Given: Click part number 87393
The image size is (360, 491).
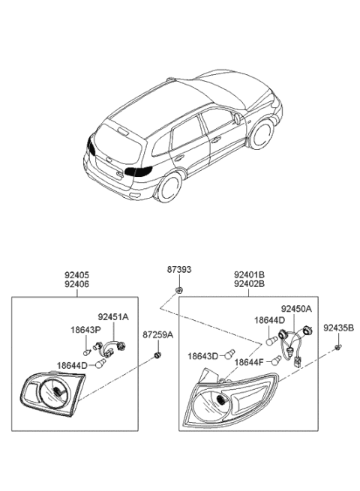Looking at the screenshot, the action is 179,270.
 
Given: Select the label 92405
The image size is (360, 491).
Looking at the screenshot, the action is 76,275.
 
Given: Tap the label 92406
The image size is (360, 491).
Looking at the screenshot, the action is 76,284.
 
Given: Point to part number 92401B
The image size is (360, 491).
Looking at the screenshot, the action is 249,275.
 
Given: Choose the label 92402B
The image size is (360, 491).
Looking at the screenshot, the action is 249,284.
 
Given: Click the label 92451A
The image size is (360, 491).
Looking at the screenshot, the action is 113,317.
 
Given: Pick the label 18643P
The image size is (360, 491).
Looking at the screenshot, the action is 85,330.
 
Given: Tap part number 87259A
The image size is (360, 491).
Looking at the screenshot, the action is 158,335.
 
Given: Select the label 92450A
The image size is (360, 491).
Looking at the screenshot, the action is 296,309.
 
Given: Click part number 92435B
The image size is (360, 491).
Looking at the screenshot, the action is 339,328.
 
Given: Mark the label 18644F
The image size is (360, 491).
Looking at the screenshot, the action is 249,362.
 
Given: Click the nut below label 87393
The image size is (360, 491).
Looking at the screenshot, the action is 179,291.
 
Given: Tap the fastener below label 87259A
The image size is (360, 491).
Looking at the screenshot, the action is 157,355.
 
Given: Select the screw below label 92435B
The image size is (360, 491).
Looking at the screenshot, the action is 337,347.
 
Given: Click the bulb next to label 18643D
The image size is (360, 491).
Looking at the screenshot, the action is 230,354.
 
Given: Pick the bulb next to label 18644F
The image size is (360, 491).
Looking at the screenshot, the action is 276,361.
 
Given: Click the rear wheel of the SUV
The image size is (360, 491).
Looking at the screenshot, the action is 169,187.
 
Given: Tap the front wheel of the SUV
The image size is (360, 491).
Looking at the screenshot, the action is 261,133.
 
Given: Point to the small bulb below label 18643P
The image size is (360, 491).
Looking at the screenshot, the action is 87,352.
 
